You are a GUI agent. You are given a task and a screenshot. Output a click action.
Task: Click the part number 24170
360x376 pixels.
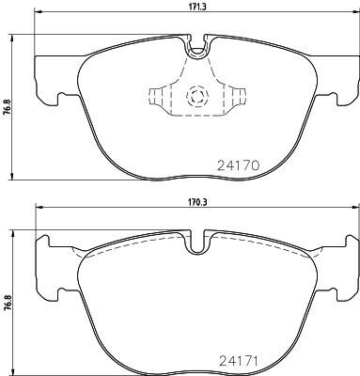239,165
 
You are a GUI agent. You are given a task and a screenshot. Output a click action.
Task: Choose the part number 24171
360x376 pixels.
239,361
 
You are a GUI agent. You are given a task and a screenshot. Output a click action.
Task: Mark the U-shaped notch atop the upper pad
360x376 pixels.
197,50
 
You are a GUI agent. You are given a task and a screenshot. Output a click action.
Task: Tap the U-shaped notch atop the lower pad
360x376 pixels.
197,244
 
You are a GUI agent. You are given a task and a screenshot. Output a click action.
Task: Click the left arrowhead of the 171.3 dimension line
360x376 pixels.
38,12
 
